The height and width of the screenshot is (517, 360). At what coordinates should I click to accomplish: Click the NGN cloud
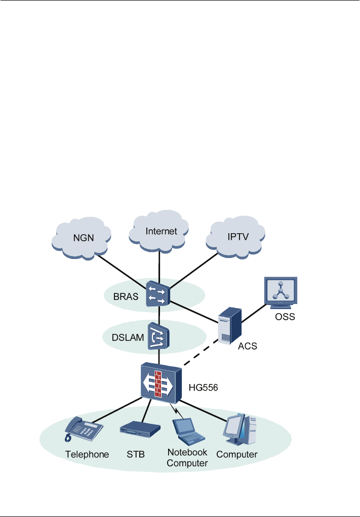tap(81, 238)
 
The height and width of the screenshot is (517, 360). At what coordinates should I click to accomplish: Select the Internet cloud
tap(158, 231)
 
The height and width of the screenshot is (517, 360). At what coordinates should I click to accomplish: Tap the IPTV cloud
tap(235, 237)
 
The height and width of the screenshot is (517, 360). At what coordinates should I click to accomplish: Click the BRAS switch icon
tap(158, 293)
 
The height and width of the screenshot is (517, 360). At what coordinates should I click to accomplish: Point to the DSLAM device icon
tap(158, 336)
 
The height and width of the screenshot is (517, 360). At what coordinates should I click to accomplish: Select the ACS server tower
tap(230, 326)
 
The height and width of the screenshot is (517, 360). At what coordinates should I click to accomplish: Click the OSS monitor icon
tap(281, 292)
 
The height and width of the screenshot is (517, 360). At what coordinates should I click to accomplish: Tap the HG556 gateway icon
tap(161, 383)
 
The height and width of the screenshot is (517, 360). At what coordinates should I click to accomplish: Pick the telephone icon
tap(84, 428)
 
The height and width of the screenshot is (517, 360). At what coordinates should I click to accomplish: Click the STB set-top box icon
tap(140, 429)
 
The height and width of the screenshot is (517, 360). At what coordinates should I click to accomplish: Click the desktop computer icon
tap(240, 429)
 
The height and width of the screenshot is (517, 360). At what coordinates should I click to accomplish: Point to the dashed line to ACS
tap(201, 353)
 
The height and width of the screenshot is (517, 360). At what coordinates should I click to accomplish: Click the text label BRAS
tap(126, 297)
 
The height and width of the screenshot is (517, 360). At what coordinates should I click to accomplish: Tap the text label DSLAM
tap(128, 337)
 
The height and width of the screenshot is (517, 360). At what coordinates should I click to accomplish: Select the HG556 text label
tap(203, 387)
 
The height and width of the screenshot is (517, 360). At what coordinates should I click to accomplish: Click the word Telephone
tap(87, 454)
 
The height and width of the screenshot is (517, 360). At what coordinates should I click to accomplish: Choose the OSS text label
tap(285, 317)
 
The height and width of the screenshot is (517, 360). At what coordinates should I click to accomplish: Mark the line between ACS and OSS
tap(254, 313)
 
